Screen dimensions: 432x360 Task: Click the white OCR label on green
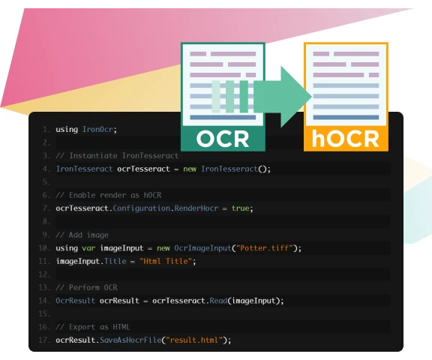coord(223,139)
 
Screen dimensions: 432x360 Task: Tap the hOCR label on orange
coord(346,139)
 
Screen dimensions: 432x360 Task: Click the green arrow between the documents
coord(283,97)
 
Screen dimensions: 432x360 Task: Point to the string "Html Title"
coord(166,261)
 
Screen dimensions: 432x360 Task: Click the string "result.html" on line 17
coord(194,340)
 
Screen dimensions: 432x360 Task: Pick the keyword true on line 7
coord(240,208)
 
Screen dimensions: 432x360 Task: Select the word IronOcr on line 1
coord(97,130)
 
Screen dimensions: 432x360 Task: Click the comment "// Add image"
coord(82,235)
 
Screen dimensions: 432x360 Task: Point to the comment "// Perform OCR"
coord(86,287)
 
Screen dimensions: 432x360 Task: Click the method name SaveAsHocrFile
coord(130,340)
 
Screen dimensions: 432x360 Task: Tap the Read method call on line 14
coord(218,301)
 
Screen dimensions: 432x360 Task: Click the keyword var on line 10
coord(88,248)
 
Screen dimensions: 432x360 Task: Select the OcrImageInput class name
coord(202,248)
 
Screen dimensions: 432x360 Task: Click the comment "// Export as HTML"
coord(92,327)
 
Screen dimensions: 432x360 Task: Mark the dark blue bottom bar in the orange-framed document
coord(346,117)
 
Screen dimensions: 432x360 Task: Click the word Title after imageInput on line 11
coord(115,261)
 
